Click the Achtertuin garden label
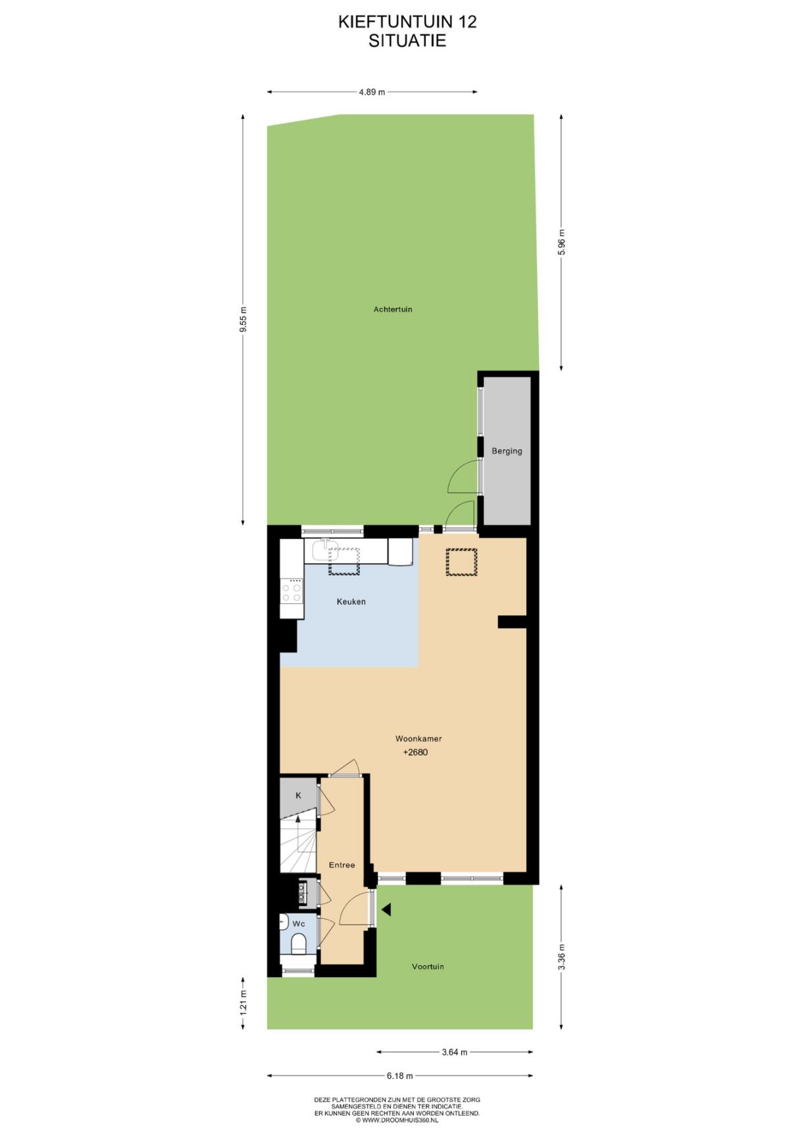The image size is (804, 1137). pyautogui.click(x=393, y=309)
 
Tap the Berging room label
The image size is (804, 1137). pyautogui.click(x=507, y=451)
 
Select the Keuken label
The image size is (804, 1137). pyautogui.click(x=351, y=601)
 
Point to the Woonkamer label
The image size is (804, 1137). pyautogui.click(x=418, y=739)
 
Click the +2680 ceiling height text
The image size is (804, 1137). pyautogui.click(x=415, y=752)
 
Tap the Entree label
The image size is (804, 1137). pyautogui.click(x=342, y=865)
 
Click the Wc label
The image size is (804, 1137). pyautogui.click(x=299, y=924)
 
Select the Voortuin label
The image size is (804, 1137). pyautogui.click(x=428, y=967)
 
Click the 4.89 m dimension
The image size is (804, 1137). pyautogui.click(x=372, y=92)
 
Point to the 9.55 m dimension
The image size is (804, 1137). pyautogui.click(x=243, y=320)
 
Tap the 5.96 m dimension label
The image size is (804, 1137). pyautogui.click(x=561, y=242)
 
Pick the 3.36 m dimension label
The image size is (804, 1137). pyautogui.click(x=561, y=957)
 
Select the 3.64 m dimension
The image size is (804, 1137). pyautogui.click(x=454, y=1052)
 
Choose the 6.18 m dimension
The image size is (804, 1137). pyautogui.click(x=399, y=1076)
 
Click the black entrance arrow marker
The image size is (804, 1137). pyautogui.click(x=387, y=909)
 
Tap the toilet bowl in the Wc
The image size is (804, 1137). pyautogui.click(x=299, y=944)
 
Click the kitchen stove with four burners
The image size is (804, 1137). pyautogui.click(x=291, y=590)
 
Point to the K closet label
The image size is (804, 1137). pyautogui.click(x=298, y=796)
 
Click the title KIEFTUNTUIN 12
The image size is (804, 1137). pyautogui.click(x=407, y=22)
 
